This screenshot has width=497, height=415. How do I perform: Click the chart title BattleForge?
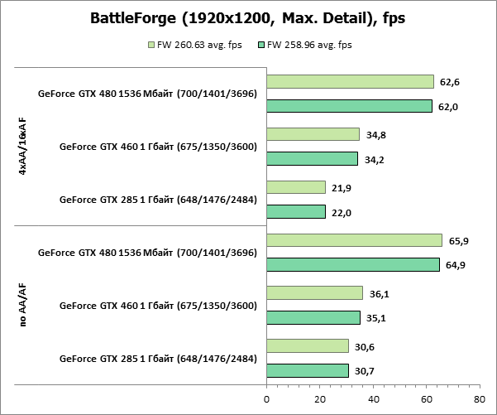pyautogui.click(x=248, y=19)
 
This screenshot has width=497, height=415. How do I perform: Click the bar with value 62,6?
pyautogui.click(x=350, y=81)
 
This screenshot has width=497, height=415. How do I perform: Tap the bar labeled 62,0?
pyautogui.click(x=349, y=106)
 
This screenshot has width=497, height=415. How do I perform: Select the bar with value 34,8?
pyautogui.click(x=313, y=134)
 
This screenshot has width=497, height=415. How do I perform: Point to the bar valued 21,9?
pyautogui.click(x=295, y=187)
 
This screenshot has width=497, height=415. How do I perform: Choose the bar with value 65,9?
pyautogui.click(x=354, y=240)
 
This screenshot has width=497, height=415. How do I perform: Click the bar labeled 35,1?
pyautogui.click(x=313, y=317)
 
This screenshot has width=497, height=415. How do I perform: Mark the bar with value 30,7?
pyautogui.click(x=307, y=370)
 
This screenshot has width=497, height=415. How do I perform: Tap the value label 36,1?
pyautogui.click(x=380, y=293)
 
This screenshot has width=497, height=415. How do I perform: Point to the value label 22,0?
pyautogui.click(x=342, y=213)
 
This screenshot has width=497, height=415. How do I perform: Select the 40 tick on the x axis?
pyautogui.click(x=373, y=399)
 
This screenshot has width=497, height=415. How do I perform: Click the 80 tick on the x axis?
pyautogui.click(x=480, y=399)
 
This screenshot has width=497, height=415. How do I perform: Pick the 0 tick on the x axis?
pyautogui.click(x=266, y=399)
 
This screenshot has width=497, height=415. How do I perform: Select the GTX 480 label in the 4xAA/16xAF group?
pyautogui.click(x=147, y=94)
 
